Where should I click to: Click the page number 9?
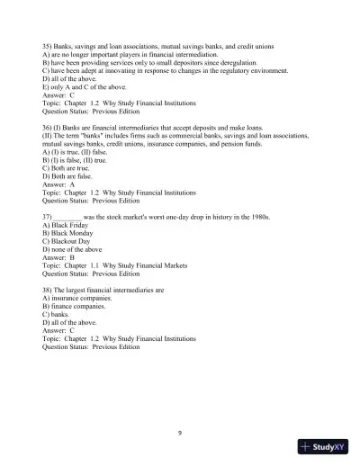[180, 433]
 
